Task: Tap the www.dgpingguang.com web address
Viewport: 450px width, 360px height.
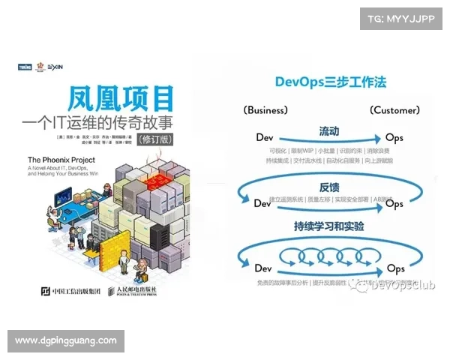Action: click(x=65, y=340)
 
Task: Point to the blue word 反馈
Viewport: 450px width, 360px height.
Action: click(x=329, y=187)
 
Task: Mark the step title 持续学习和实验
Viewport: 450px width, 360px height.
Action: click(x=329, y=226)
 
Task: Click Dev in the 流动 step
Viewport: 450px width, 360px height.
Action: click(x=264, y=138)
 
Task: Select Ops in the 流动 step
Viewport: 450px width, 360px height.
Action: click(x=394, y=138)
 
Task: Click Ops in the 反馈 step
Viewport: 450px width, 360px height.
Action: click(x=394, y=203)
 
